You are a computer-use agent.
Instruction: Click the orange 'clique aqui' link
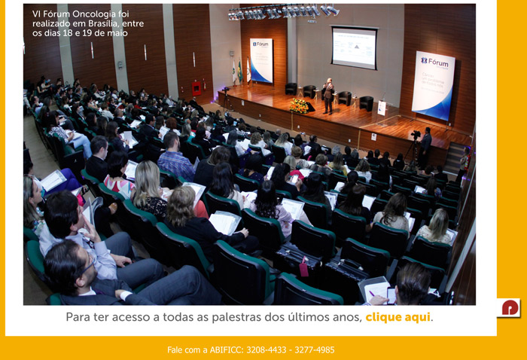[x=398, y=317]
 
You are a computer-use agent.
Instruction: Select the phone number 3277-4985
[x=315, y=350]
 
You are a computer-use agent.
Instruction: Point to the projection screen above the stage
[x=355, y=47]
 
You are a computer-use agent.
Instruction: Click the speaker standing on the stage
[x=328, y=96]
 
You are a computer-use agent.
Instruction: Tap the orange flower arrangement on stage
[x=299, y=106]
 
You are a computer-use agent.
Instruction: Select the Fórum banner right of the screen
[x=433, y=85]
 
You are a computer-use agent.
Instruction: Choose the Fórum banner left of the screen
[x=261, y=60]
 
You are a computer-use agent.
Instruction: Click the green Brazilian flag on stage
[x=240, y=72]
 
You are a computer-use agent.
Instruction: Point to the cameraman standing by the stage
[x=425, y=148]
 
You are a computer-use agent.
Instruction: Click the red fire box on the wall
[x=196, y=88]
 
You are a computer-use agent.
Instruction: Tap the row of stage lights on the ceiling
[x=284, y=13]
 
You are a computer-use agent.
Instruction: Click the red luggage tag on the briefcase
[x=304, y=268]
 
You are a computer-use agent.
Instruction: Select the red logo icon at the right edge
[x=509, y=307]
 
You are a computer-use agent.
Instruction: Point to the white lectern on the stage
[x=382, y=108]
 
